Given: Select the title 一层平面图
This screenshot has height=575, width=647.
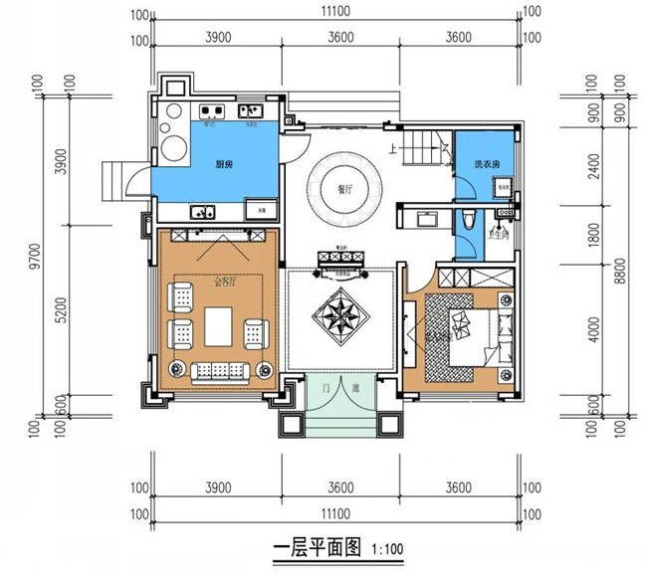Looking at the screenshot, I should pyautogui.click(x=317, y=547).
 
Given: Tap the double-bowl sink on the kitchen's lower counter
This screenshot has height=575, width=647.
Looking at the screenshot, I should pyautogui.click(x=204, y=211).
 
